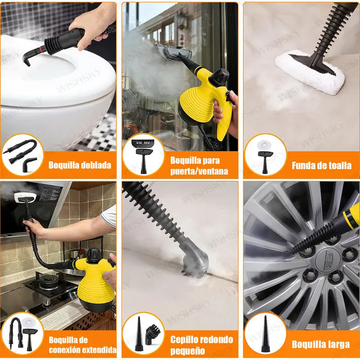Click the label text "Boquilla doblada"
(x=80, y=165)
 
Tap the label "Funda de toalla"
(x=321, y=165)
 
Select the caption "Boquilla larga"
(x=321, y=344)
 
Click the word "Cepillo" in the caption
(x=185, y=339)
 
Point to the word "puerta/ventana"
(x=199, y=171)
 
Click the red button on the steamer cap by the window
(x=225, y=72)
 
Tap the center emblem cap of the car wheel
(x=328, y=261)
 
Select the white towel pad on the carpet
(x=310, y=71)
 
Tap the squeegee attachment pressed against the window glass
(x=173, y=53)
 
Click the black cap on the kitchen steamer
(x=94, y=256)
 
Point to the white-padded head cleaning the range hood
(x=25, y=197)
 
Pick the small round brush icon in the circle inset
(x=153, y=334)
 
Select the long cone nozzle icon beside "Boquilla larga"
(x=265, y=333)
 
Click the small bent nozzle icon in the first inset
(x=29, y=164)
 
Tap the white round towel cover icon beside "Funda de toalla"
(x=264, y=144)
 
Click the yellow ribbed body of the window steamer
(x=198, y=103)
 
